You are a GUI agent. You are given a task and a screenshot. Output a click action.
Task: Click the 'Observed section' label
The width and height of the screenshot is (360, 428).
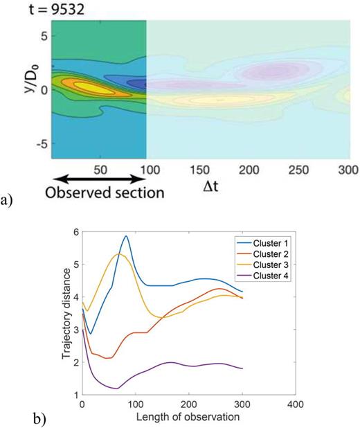click(102, 192)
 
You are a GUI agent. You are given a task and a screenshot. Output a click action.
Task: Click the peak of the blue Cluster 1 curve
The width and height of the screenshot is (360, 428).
click(125, 236)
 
